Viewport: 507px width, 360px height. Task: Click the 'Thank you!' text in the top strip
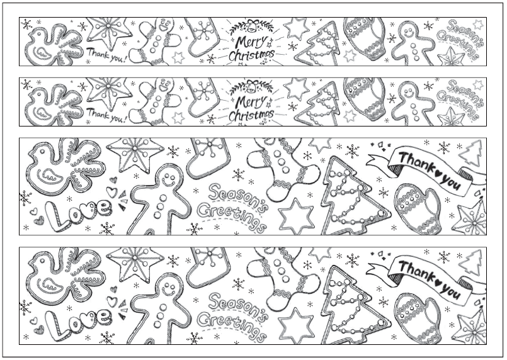[x=106, y=55]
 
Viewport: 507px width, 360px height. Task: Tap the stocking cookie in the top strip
[x=202, y=37]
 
